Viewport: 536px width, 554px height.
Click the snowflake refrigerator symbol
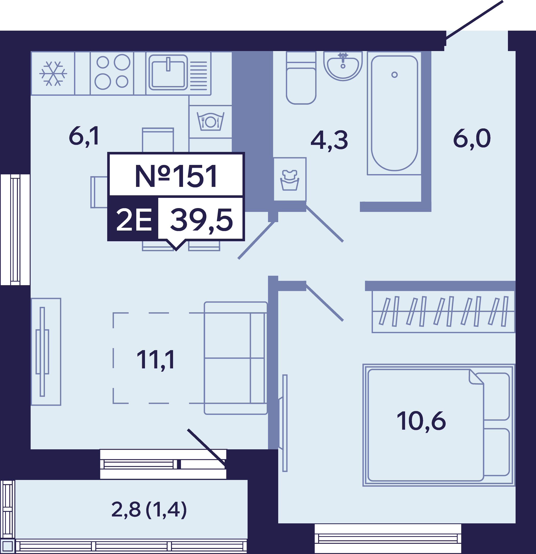pyautogui.click(x=53, y=74)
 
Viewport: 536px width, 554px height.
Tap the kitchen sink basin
pyautogui.click(x=168, y=73)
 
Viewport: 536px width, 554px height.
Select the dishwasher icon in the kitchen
pyautogui.click(x=211, y=122)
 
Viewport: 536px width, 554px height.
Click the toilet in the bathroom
pyautogui.click(x=301, y=78)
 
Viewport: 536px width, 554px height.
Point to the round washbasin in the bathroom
pyautogui.click(x=343, y=66)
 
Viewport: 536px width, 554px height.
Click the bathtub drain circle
pyautogui.click(x=394, y=75)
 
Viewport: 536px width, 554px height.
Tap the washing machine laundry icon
pyautogui.click(x=290, y=180)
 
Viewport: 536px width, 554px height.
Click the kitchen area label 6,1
pyautogui.click(x=84, y=136)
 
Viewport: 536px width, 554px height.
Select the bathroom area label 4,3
pyautogui.click(x=329, y=140)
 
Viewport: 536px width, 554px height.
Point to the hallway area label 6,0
pyautogui.click(x=472, y=138)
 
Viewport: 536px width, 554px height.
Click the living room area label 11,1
pyautogui.click(x=155, y=360)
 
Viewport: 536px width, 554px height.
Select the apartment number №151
pyautogui.click(x=176, y=176)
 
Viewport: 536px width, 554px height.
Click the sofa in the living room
pyautogui.click(x=236, y=358)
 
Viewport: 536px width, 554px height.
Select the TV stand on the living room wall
pyautogui.click(x=46, y=352)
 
